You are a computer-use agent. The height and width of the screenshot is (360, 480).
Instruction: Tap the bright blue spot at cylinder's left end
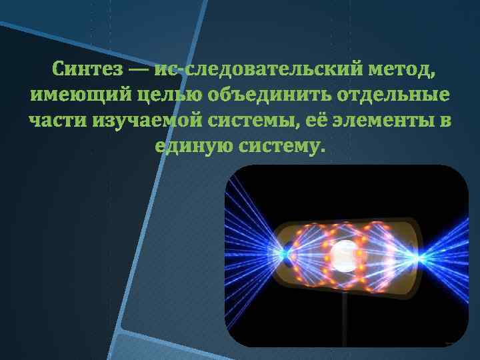click(288, 254)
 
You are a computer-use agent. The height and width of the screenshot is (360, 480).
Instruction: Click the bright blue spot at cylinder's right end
click(419, 257)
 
